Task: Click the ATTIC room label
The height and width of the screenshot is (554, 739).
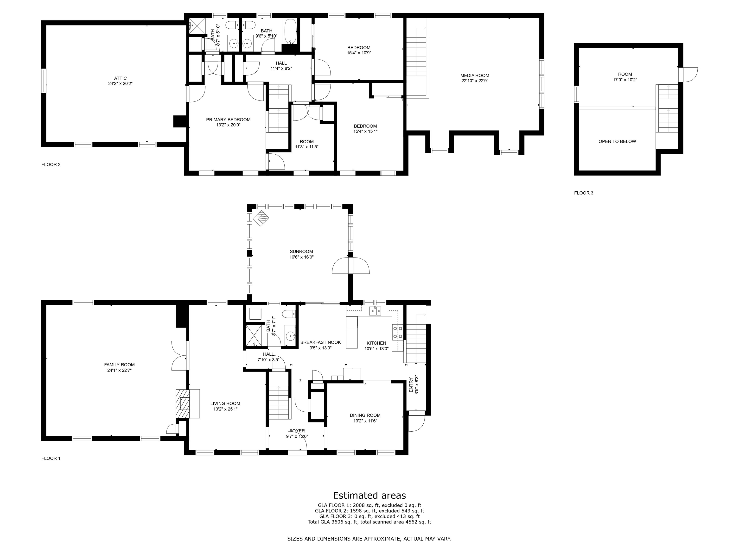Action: pyautogui.click(x=120, y=78)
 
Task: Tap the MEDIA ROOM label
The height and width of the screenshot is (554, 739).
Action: pyautogui.click(x=475, y=76)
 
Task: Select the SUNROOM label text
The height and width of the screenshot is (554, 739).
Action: pyautogui.click(x=301, y=252)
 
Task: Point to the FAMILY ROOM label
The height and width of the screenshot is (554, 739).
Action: pyautogui.click(x=119, y=365)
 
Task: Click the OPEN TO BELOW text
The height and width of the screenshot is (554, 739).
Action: pyautogui.click(x=617, y=141)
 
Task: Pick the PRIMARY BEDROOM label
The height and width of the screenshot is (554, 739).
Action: pyautogui.click(x=228, y=120)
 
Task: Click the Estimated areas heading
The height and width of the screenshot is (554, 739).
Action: pyautogui.click(x=369, y=495)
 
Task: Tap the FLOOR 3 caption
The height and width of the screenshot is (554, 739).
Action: pyautogui.click(x=584, y=193)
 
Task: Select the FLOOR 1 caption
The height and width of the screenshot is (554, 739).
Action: pyautogui.click(x=51, y=458)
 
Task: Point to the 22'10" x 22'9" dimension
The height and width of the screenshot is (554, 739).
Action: pyautogui.click(x=475, y=81)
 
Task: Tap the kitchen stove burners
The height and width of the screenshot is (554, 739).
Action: pyautogui.click(x=398, y=333)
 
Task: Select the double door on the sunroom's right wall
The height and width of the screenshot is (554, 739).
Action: pyautogui.click(x=351, y=266)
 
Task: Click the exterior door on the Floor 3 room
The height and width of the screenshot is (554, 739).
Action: pyautogui.click(x=688, y=75)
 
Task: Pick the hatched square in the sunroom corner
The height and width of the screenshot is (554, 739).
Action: pyautogui.click(x=261, y=218)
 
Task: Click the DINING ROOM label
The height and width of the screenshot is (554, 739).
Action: pyautogui.click(x=365, y=415)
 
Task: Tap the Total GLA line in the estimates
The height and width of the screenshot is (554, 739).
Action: pyautogui.click(x=369, y=522)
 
